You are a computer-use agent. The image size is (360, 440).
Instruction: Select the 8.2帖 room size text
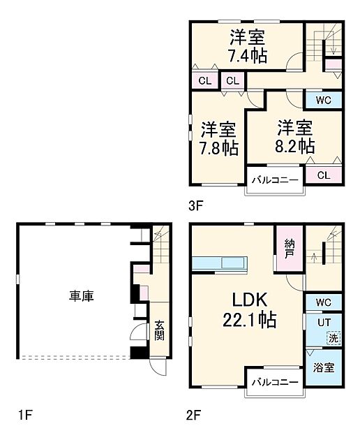pyautogui.click(x=294, y=146)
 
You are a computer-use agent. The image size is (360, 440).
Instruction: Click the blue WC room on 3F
pyautogui.click(x=322, y=99)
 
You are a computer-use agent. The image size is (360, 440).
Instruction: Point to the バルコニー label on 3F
pyautogui.click(x=275, y=181)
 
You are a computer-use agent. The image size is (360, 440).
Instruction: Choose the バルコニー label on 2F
pyautogui.click(x=275, y=383)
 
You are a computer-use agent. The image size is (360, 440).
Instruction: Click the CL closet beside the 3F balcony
pyautogui.click(x=323, y=175)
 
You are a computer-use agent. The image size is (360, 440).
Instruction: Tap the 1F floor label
pyautogui.click(x=25, y=417)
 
